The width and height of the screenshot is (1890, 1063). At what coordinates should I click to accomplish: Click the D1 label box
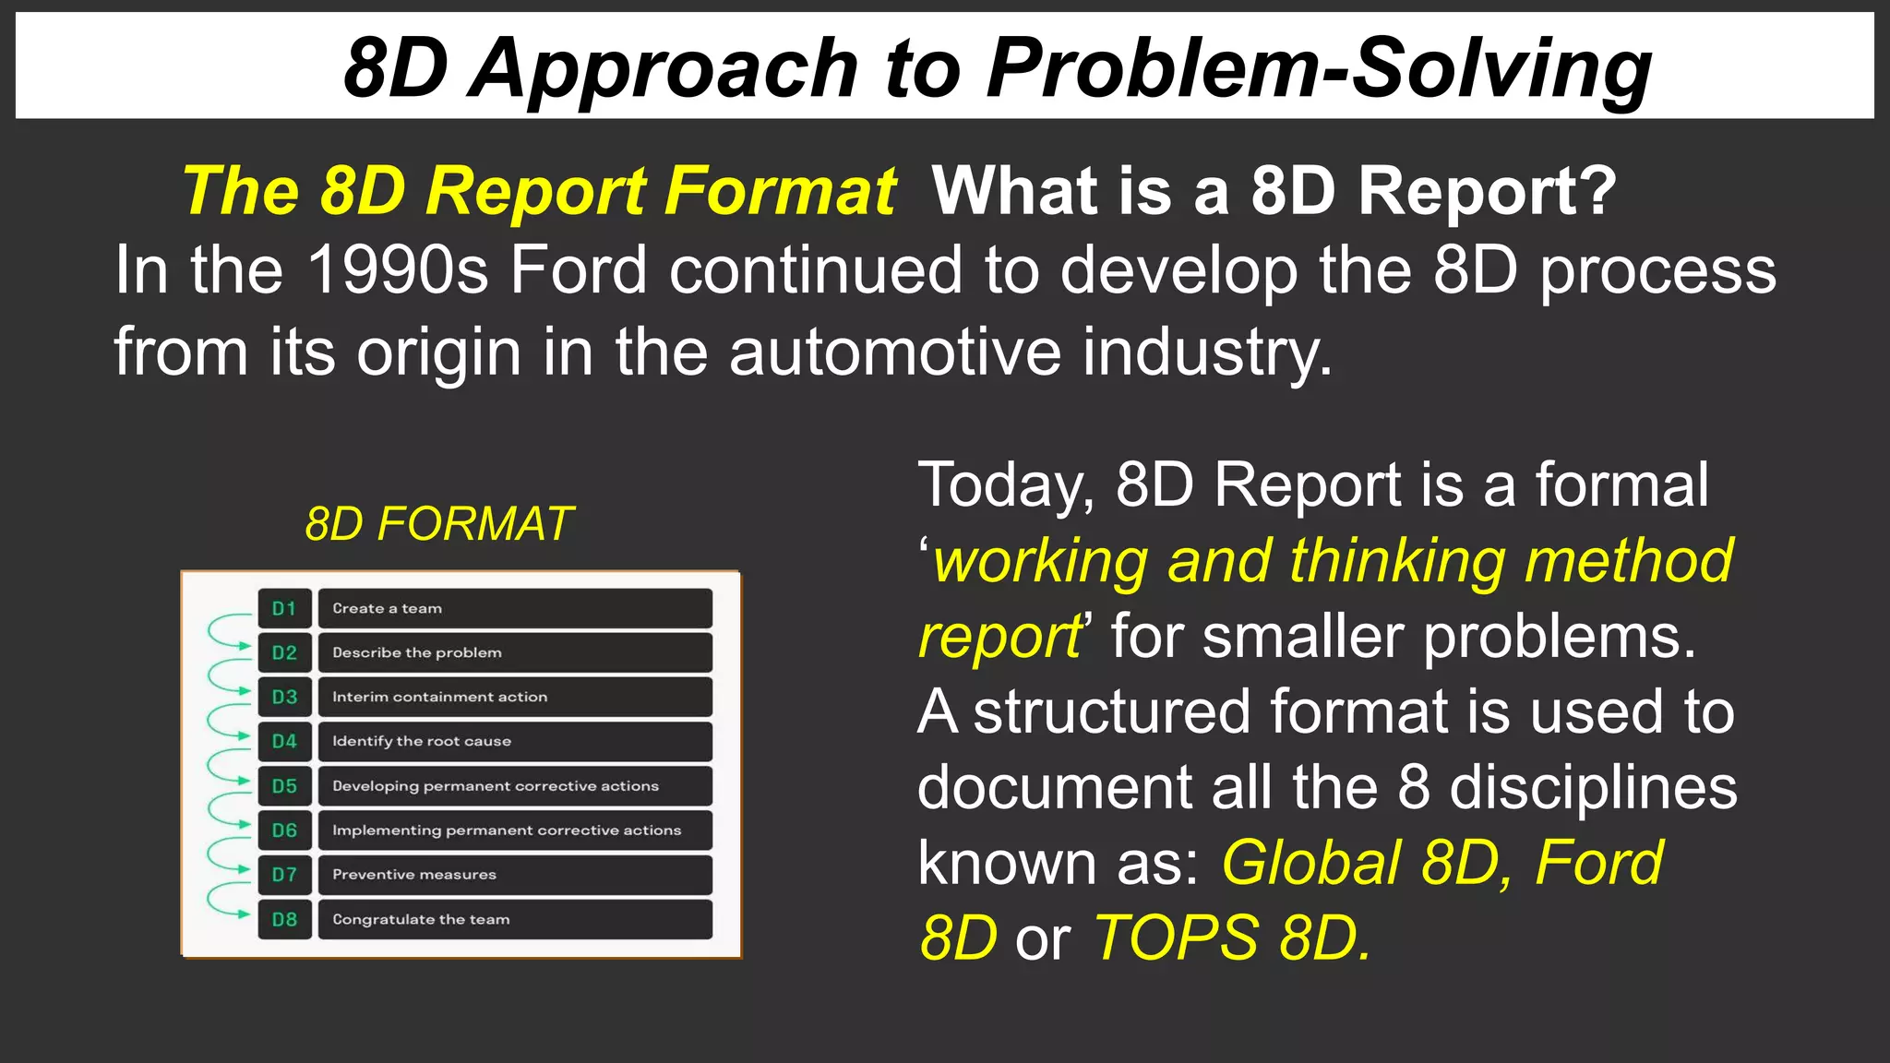[284, 609]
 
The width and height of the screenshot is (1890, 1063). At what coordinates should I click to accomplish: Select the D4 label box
[284, 742]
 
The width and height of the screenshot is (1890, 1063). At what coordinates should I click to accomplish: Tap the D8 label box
[284, 920]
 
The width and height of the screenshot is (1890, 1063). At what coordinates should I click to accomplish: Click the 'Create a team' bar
[515, 609]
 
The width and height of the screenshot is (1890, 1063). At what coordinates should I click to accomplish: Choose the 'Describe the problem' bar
[515, 653]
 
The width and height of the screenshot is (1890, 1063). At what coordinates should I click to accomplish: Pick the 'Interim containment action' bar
[515, 698]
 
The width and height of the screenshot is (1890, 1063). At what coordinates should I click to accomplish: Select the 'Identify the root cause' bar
[515, 742]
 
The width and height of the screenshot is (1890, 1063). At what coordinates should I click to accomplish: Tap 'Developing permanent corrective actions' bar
[515, 786]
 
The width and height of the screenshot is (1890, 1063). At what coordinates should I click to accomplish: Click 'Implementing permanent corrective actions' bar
[515, 830]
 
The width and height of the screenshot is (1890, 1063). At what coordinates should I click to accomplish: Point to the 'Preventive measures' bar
[515, 875]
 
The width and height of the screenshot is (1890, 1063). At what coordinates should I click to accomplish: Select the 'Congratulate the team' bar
[515, 920]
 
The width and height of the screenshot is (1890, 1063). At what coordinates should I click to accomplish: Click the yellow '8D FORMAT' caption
[439, 524]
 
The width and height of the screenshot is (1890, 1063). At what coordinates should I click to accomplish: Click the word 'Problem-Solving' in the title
[1319, 68]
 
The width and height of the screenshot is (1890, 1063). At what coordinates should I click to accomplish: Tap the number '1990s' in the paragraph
[397, 270]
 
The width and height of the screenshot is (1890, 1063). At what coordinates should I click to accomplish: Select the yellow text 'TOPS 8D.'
[1233, 938]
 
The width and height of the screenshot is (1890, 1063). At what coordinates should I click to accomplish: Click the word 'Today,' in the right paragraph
[1006, 485]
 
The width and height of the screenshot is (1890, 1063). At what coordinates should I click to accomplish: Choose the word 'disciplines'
[1593, 788]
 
